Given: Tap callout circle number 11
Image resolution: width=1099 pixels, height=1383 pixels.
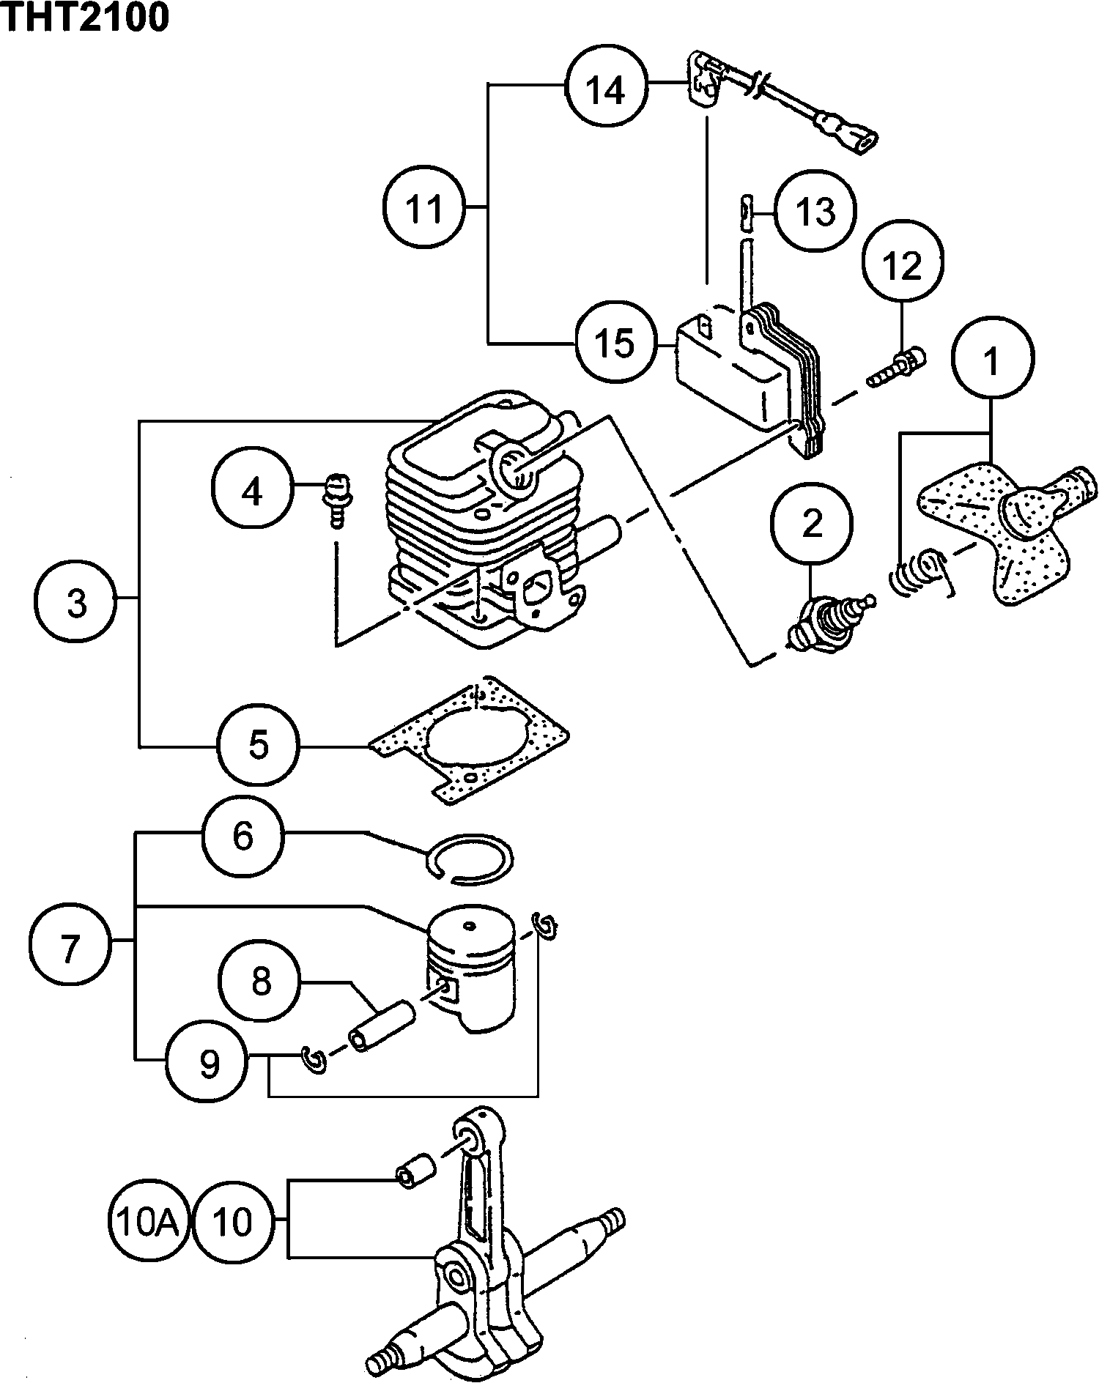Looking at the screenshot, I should [424, 209].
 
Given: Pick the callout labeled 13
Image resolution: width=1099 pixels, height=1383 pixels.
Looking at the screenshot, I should [815, 212].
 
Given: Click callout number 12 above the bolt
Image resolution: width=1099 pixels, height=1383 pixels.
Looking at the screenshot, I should [903, 265].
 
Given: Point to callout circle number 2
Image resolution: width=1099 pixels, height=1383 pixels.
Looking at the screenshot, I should [812, 524].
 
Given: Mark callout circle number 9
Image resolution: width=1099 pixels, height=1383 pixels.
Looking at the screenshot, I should [209, 1062].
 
